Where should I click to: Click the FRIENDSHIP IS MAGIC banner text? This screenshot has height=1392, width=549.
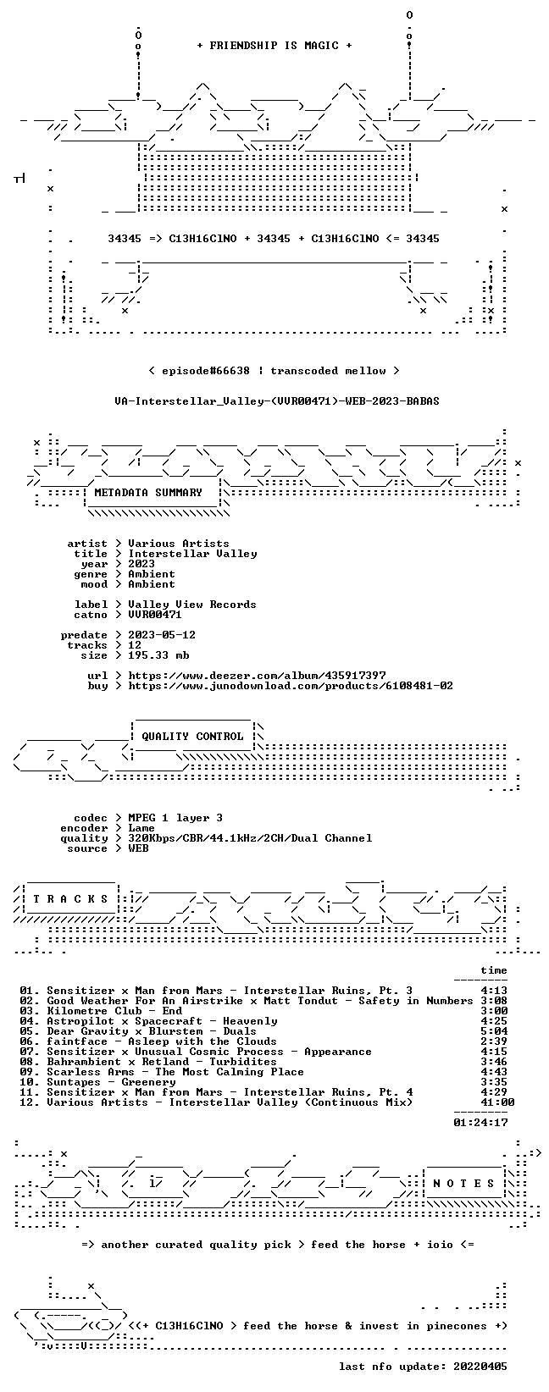pyautogui.click(x=274, y=46)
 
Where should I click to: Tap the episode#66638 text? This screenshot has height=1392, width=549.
pyautogui.click(x=206, y=371)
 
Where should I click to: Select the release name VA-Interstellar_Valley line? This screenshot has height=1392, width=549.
pyautogui.click(x=277, y=401)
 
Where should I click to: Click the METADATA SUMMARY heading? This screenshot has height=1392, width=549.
pyautogui.click(x=148, y=493)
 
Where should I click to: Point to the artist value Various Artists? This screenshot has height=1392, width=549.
pyautogui.click(x=179, y=544)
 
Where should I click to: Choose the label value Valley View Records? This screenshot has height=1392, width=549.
pyautogui.click(x=192, y=605)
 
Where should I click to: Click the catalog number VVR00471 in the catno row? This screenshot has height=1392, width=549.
pyautogui.click(x=155, y=615)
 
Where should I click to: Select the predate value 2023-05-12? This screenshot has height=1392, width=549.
pyautogui.click(x=162, y=635)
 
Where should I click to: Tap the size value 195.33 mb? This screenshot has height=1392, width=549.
pyautogui.click(x=158, y=655)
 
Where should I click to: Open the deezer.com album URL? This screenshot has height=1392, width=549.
pyautogui.click(x=257, y=676)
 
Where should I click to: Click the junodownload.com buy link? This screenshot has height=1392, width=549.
pyautogui.click(x=291, y=686)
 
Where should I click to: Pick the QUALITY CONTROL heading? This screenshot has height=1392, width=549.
pyautogui.click(x=192, y=737)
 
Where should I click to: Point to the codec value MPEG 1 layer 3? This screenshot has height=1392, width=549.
pyautogui.click(x=175, y=818)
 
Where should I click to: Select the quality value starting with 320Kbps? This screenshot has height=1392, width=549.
pyautogui.click(x=250, y=838)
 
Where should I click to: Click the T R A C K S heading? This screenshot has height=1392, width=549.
pyautogui.click(x=70, y=899)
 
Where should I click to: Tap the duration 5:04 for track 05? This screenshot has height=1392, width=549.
pyautogui.click(x=494, y=1031)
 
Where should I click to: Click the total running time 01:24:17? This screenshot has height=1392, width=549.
pyautogui.click(x=480, y=1123)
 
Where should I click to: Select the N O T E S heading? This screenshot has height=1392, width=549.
pyautogui.click(x=463, y=1184)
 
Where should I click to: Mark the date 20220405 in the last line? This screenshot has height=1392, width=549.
pyautogui.click(x=480, y=1367)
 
